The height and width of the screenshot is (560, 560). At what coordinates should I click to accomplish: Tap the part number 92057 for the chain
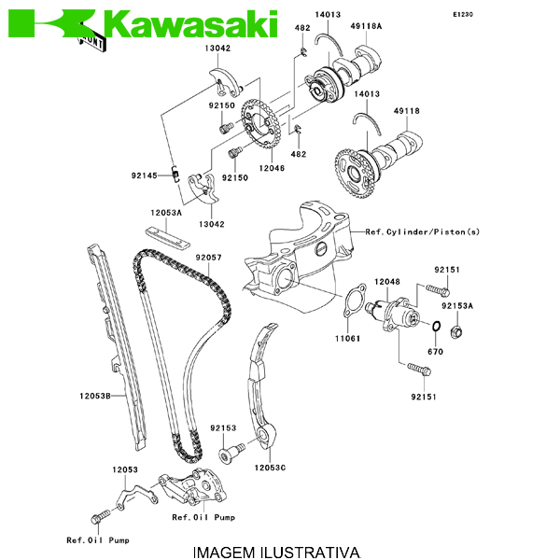coord(208,257)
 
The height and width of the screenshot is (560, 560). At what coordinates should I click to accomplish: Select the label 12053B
coord(94,396)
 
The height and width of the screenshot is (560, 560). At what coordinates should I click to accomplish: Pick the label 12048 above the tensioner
coord(387,280)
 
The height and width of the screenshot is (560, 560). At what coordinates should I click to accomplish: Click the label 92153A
coord(457,305)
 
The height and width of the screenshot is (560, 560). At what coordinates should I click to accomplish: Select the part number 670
coord(435,352)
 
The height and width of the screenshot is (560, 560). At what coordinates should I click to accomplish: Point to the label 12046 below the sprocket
coord(272,168)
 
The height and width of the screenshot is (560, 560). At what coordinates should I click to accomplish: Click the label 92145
coord(144,175)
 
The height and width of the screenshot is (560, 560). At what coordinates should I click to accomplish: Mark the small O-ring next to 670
coord(436,326)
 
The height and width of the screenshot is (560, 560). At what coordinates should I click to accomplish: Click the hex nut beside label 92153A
coord(457,330)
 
